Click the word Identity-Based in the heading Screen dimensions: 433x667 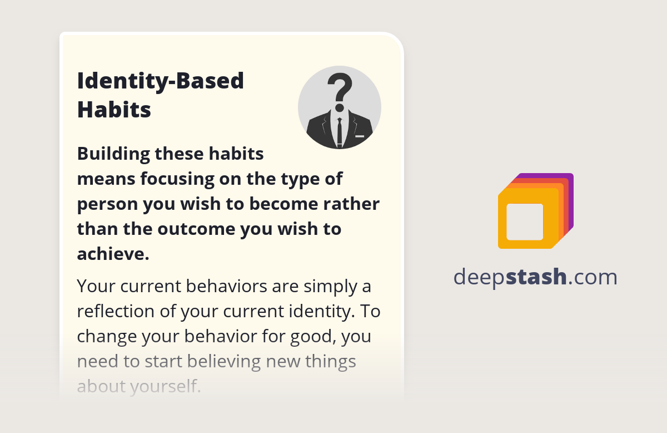[x=161, y=81]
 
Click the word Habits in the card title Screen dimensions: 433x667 [x=114, y=110]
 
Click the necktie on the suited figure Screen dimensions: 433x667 [x=340, y=131]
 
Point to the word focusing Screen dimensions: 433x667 [x=184, y=179]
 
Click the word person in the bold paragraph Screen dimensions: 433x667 [x=107, y=204]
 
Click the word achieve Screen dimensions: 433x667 [x=112, y=254]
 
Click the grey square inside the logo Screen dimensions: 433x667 [x=525, y=222]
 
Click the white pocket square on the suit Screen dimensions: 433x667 [x=360, y=136]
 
